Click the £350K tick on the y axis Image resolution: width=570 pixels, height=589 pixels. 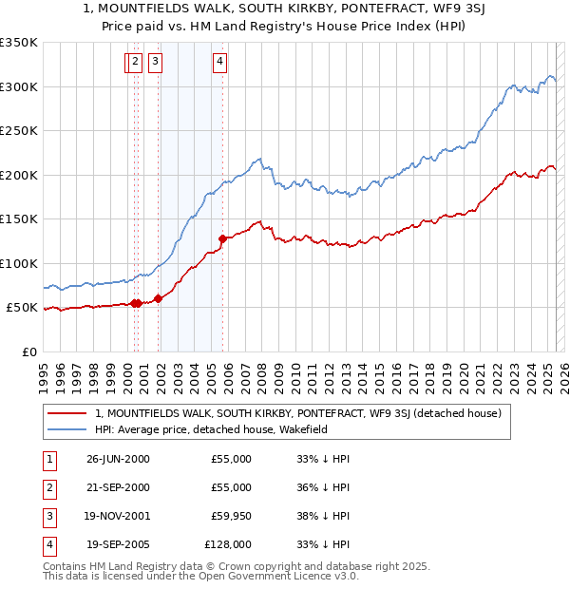(x=19, y=43)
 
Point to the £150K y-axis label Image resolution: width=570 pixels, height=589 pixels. (x=19, y=219)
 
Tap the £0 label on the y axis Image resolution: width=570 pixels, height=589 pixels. (x=30, y=351)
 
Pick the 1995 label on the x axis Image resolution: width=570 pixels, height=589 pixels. (x=44, y=370)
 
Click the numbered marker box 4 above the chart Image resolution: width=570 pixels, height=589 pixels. (x=219, y=63)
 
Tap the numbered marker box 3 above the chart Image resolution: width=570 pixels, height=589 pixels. (x=155, y=63)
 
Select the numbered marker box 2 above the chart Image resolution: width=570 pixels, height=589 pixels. (x=135, y=63)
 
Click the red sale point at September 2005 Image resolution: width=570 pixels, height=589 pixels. (x=222, y=238)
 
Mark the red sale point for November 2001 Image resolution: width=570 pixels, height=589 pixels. (x=158, y=298)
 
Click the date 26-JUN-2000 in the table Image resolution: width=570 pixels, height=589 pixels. (x=118, y=459)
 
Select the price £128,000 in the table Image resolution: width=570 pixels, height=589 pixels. (x=228, y=544)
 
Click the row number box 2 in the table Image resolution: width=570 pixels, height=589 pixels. (x=47, y=487)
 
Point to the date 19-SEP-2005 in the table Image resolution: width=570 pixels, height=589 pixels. (x=118, y=544)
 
